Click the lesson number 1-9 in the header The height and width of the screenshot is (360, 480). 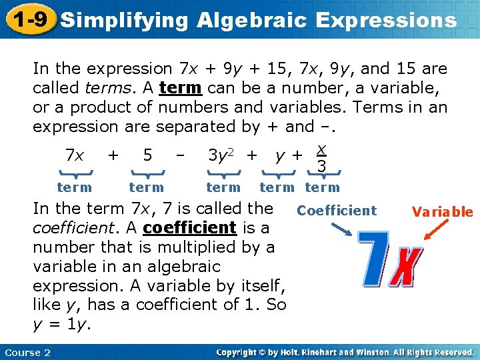(29, 19)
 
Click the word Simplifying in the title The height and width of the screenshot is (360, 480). (124, 20)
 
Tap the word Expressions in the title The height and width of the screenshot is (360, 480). (387, 20)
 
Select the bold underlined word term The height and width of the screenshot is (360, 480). (181, 88)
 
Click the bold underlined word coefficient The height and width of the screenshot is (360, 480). (189, 227)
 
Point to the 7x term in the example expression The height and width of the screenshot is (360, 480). (75, 156)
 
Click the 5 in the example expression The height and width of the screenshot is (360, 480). (147, 156)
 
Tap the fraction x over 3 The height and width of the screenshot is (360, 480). (321, 157)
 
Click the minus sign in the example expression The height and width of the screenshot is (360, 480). (179, 155)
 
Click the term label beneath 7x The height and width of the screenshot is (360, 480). (75, 188)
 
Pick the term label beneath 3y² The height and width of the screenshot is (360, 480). (223, 188)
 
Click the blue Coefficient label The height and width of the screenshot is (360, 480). (337, 211)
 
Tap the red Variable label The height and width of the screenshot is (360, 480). (442, 213)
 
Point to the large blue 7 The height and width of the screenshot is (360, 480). (377, 260)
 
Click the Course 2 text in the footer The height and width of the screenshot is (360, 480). (27, 352)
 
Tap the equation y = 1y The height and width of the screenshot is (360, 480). (62, 324)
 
